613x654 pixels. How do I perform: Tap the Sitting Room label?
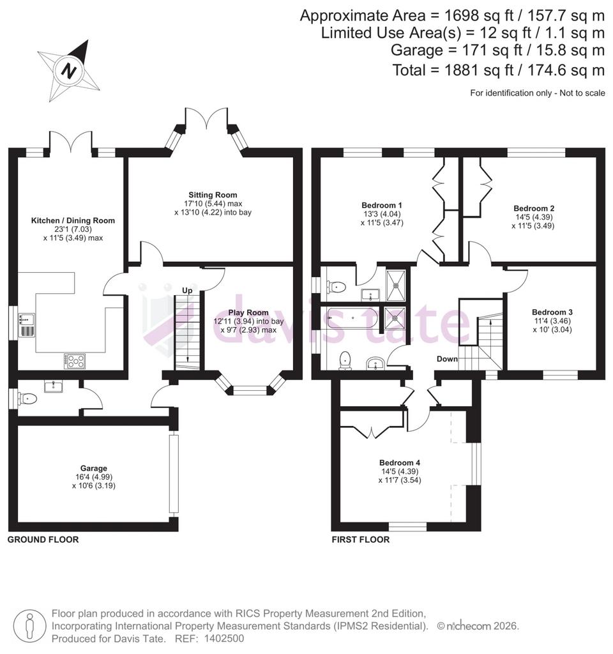pyautogui.click(x=213, y=195)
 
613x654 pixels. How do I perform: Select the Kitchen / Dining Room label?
pyautogui.click(x=73, y=220)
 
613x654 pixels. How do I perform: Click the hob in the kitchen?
pyautogui.click(x=75, y=361)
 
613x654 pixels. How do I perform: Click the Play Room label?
pyautogui.click(x=248, y=312)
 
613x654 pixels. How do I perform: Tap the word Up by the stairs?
pyautogui.click(x=187, y=291)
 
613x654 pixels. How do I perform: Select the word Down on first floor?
pyautogui.click(x=447, y=359)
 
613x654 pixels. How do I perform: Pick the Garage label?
pyautogui.click(x=94, y=468)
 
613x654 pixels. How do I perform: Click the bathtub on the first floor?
pyautogui.click(x=352, y=318)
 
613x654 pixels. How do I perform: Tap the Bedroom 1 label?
pyautogui.click(x=382, y=205)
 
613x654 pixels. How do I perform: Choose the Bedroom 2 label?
pyautogui.click(x=534, y=208)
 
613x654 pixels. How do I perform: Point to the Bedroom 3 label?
pyautogui.click(x=552, y=312)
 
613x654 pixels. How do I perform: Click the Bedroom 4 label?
pyautogui.click(x=400, y=462)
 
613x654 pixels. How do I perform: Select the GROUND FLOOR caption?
pyautogui.click(x=43, y=540)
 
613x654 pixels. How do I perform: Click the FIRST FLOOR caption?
pyautogui.click(x=361, y=540)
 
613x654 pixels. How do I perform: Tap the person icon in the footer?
pyautogui.click(x=29, y=626)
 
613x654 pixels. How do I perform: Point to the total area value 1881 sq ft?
pyautogui.click(x=479, y=70)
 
